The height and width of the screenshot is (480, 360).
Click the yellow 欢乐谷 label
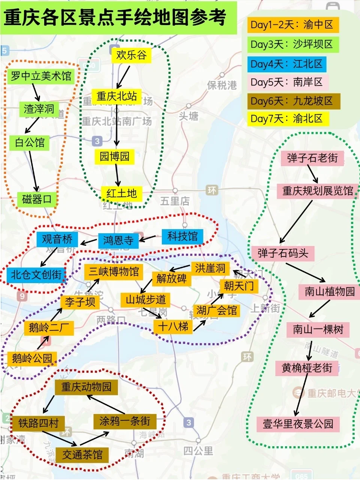[x=131, y=55]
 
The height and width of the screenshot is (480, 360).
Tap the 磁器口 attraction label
[x=37, y=199]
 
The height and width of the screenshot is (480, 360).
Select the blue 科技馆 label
[x=182, y=236]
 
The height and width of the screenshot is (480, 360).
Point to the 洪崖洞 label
[x=210, y=268]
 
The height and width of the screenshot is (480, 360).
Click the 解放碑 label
[x=171, y=278]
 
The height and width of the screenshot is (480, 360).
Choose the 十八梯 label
[x=173, y=326]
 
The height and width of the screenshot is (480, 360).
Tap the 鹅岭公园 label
[x=32, y=358]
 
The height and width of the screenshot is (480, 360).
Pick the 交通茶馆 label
[x=82, y=455]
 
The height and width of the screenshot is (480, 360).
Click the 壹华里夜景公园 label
[x=298, y=424]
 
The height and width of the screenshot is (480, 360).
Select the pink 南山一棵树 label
[x=318, y=329]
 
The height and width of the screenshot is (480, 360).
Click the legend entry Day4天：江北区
[x=287, y=64]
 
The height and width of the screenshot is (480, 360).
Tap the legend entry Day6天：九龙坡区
[x=294, y=101]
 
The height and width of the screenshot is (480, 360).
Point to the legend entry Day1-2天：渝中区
[x=293, y=25]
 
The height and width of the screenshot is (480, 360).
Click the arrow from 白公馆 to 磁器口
[x=33, y=171]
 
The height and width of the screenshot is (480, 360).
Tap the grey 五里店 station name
[x=175, y=201]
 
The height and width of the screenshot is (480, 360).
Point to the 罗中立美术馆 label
[x=41, y=76]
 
